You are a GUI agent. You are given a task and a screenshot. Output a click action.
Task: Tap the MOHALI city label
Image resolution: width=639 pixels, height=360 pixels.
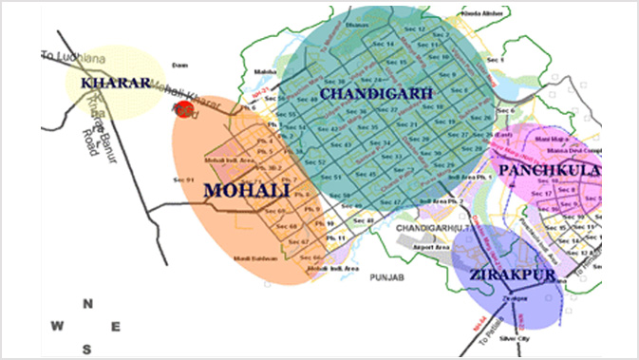pos(246,190)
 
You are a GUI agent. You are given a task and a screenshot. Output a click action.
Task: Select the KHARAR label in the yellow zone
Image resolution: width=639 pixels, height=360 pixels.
pos(116,83)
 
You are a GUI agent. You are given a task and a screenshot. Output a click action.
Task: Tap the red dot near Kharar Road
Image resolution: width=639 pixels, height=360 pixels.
pos(184,109)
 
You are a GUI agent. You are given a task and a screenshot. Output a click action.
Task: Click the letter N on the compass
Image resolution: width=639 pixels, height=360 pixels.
pos(87,304)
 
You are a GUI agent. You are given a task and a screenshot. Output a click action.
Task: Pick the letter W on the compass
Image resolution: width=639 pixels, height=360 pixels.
pos(58,327)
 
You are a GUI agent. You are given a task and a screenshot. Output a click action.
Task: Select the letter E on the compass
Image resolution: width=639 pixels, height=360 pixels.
pos(116,327)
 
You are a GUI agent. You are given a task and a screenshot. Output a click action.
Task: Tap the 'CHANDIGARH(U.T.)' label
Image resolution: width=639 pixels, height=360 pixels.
pos(429,231)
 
